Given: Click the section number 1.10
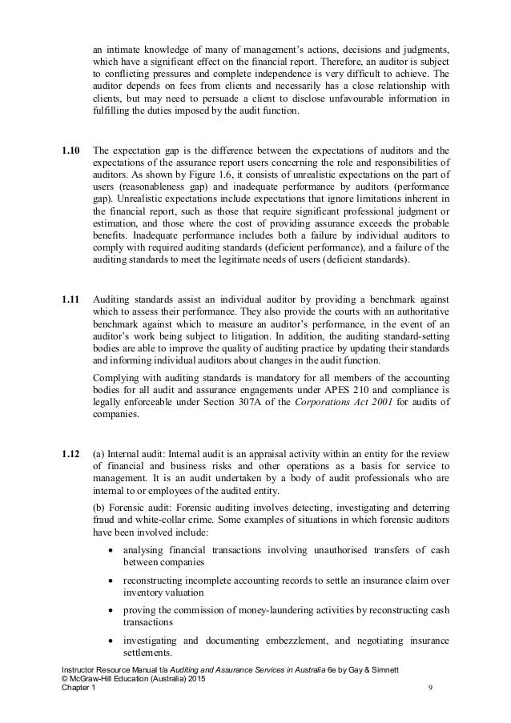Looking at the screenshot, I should [71, 150].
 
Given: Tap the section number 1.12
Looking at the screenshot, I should [71, 456].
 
